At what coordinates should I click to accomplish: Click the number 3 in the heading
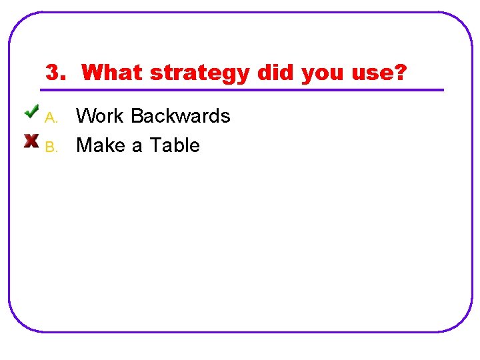(x=52, y=72)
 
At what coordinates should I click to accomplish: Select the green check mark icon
(x=32, y=111)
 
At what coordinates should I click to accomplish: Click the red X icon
(x=31, y=141)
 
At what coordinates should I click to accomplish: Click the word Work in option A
(x=101, y=116)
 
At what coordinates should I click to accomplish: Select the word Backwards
(x=181, y=116)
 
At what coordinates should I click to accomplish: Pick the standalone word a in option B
(x=137, y=146)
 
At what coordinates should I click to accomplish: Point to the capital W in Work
(x=85, y=116)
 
